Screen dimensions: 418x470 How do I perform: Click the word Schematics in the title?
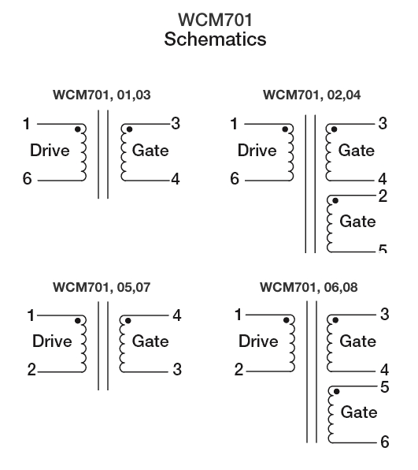pyautogui.click(x=215, y=39)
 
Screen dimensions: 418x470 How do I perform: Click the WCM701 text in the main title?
pyautogui.click(x=215, y=20)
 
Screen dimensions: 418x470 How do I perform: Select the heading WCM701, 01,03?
pyautogui.click(x=102, y=95)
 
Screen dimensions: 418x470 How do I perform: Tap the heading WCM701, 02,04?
pyautogui.click(x=312, y=95)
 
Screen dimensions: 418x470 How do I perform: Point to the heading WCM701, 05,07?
pyautogui.click(x=102, y=287)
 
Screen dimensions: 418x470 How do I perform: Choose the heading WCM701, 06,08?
pyautogui.click(x=309, y=287)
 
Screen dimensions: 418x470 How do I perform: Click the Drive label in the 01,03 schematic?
pyautogui.click(x=50, y=150)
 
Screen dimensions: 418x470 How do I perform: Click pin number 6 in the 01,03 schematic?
pyautogui.click(x=27, y=179)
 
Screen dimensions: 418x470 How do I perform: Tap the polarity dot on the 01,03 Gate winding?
pyautogui.click(x=129, y=129)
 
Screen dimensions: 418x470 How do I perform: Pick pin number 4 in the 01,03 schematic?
pyautogui.click(x=176, y=179)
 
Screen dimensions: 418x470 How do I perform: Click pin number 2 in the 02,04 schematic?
pyautogui.click(x=383, y=196)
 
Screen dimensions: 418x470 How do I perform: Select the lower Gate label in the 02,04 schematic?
pyautogui.click(x=357, y=222)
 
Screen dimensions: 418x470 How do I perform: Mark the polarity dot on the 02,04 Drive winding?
pyautogui.click(x=285, y=129)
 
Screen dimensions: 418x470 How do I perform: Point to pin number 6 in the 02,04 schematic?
pyautogui.click(x=235, y=179)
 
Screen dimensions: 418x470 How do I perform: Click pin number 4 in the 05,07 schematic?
pyautogui.click(x=177, y=315)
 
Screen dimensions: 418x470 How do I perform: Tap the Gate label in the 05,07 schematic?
pyautogui.click(x=150, y=341)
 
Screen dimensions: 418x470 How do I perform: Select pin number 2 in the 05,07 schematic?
pyautogui.click(x=31, y=370)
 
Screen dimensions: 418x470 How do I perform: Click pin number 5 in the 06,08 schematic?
pyautogui.click(x=385, y=387)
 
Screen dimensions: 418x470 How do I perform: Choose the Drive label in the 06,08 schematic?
pyautogui.click(x=258, y=341)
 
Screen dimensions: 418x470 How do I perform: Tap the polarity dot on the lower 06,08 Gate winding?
pyautogui.click(x=336, y=392)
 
